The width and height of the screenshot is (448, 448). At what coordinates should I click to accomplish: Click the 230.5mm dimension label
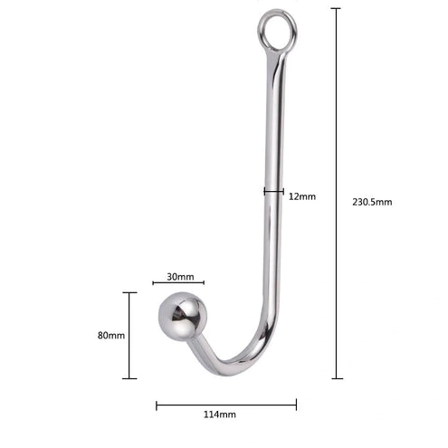(x=372, y=202)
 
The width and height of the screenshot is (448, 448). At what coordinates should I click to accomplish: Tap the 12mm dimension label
(x=302, y=196)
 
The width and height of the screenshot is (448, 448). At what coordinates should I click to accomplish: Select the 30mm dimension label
(x=180, y=277)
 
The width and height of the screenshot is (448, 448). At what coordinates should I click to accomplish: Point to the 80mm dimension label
(x=111, y=335)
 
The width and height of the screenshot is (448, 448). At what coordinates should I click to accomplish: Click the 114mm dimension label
(x=220, y=415)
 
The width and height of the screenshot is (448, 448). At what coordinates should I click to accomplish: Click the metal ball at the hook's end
(x=183, y=316)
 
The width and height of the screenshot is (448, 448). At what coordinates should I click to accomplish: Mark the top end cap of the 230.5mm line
(x=336, y=8)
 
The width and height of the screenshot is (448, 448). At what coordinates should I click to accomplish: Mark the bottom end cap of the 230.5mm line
(x=337, y=378)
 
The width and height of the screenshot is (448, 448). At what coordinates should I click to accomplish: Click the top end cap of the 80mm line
(x=129, y=292)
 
